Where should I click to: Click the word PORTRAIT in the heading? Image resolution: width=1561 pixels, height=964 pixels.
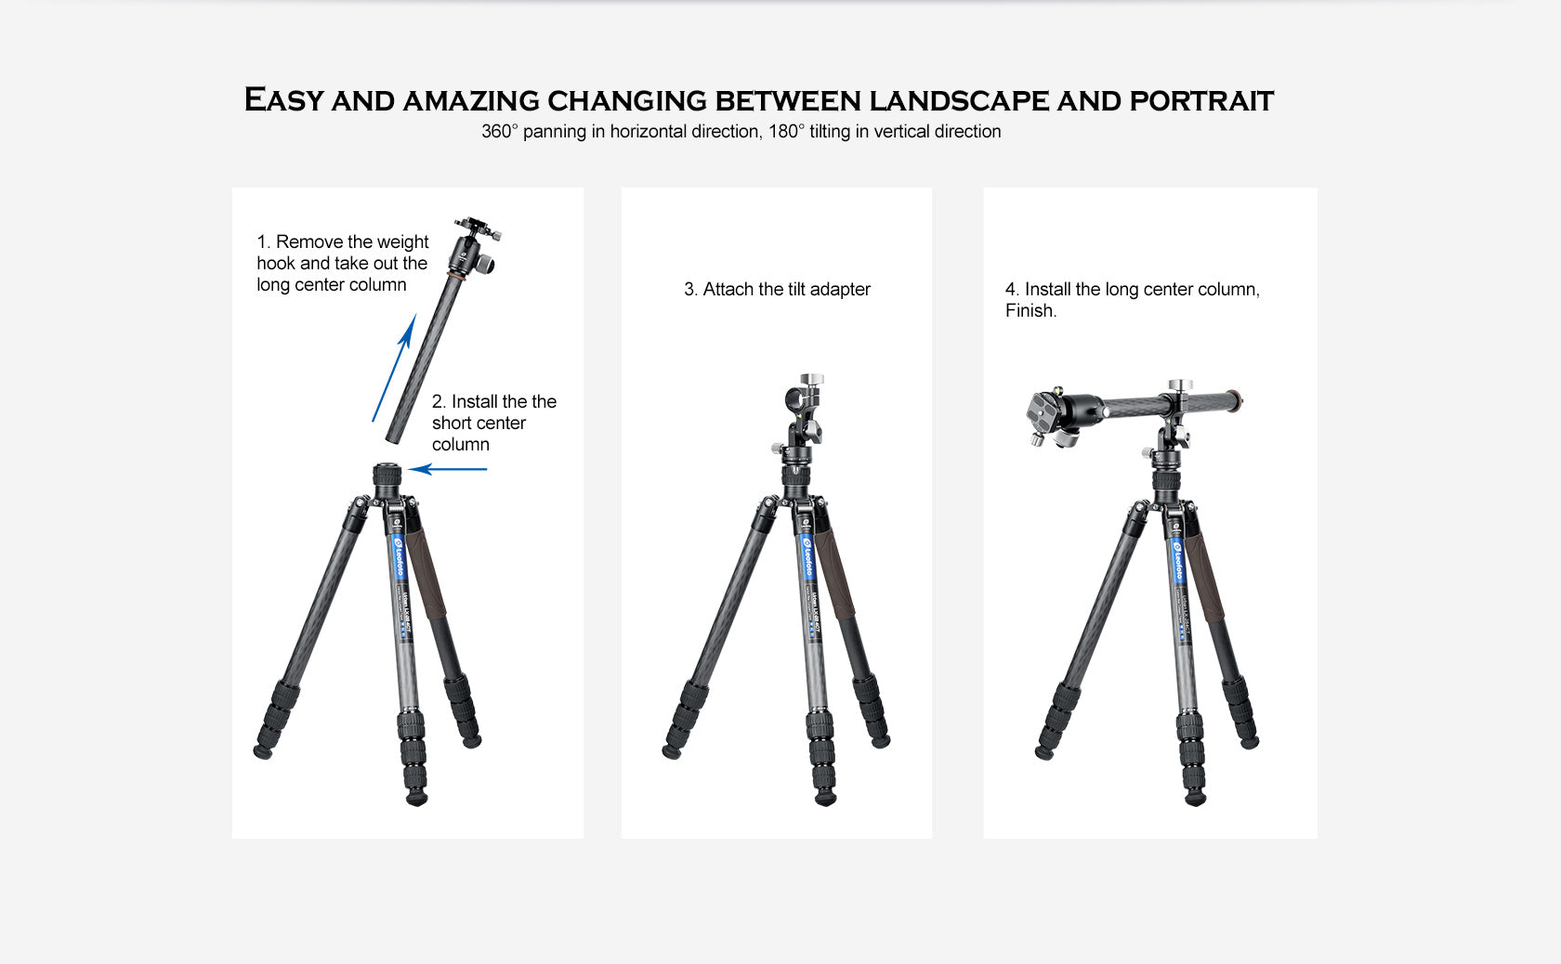[1200, 100]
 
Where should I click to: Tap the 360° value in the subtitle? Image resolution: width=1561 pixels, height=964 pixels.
[499, 131]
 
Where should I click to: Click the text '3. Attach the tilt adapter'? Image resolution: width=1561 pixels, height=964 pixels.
[777, 289]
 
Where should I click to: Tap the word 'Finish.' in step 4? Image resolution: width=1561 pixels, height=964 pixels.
[1030, 310]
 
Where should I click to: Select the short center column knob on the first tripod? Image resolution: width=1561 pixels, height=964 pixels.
[387, 476]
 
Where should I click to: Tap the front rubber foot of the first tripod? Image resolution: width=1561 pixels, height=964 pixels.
[417, 796]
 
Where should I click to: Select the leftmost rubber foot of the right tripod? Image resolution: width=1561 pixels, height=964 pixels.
[1044, 751]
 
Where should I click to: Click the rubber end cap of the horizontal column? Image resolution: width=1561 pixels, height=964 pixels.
[1236, 402]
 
